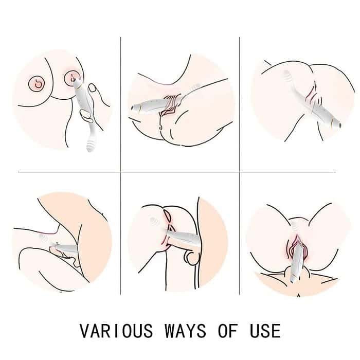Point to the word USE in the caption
tap(264, 330)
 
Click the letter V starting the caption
tap(85, 330)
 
